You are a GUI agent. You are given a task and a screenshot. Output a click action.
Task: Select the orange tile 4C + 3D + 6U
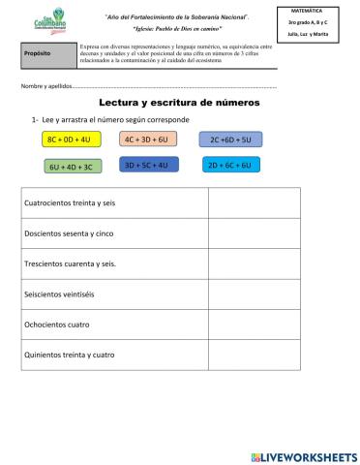pyautogui.click(x=146, y=139)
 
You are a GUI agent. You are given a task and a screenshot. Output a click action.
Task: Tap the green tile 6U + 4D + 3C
pyautogui.click(x=70, y=167)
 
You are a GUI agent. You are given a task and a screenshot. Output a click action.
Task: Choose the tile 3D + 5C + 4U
pyautogui.click(x=146, y=166)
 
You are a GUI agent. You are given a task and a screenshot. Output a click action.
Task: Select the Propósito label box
pyautogui.click(x=47, y=54)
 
